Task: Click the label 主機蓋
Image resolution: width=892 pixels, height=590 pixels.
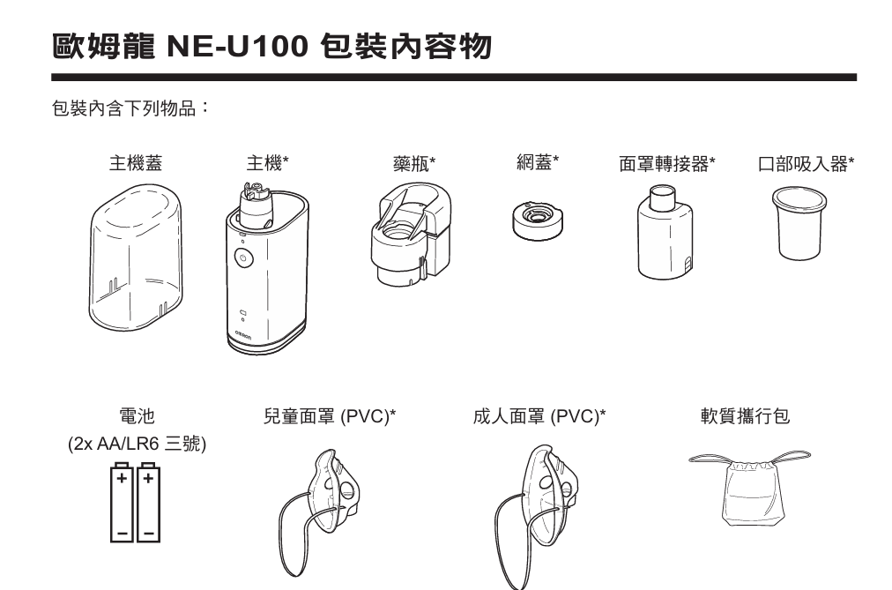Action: click(135, 162)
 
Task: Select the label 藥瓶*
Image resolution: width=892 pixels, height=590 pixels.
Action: click(414, 163)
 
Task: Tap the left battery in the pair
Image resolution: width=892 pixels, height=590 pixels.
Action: click(122, 502)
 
